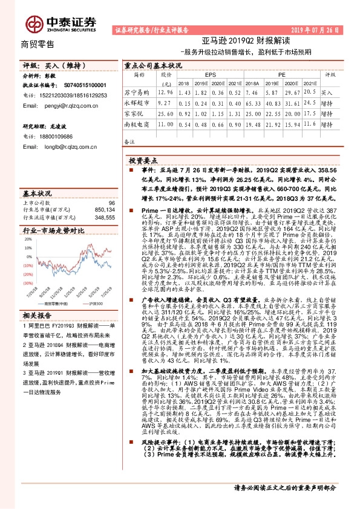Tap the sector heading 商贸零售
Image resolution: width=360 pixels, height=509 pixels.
pos(38,44)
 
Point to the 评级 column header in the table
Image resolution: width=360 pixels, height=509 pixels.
pos(330,74)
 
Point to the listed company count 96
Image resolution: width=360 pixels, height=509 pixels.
pos(111,203)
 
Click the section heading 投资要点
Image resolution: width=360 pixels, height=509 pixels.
pos(143,160)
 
